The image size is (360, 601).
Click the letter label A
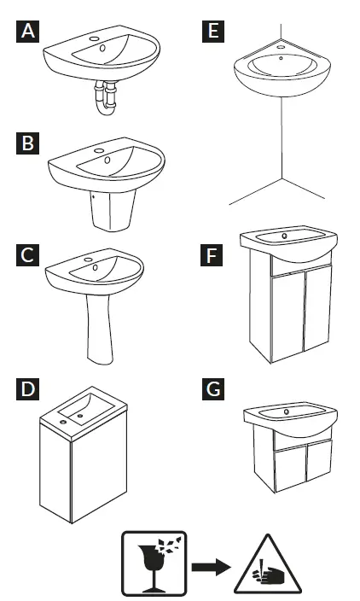[29, 33]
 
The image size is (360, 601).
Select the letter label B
[29, 144]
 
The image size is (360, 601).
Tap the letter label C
[29, 254]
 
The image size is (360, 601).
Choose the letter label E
[213, 33]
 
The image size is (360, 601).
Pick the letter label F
[213, 254]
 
